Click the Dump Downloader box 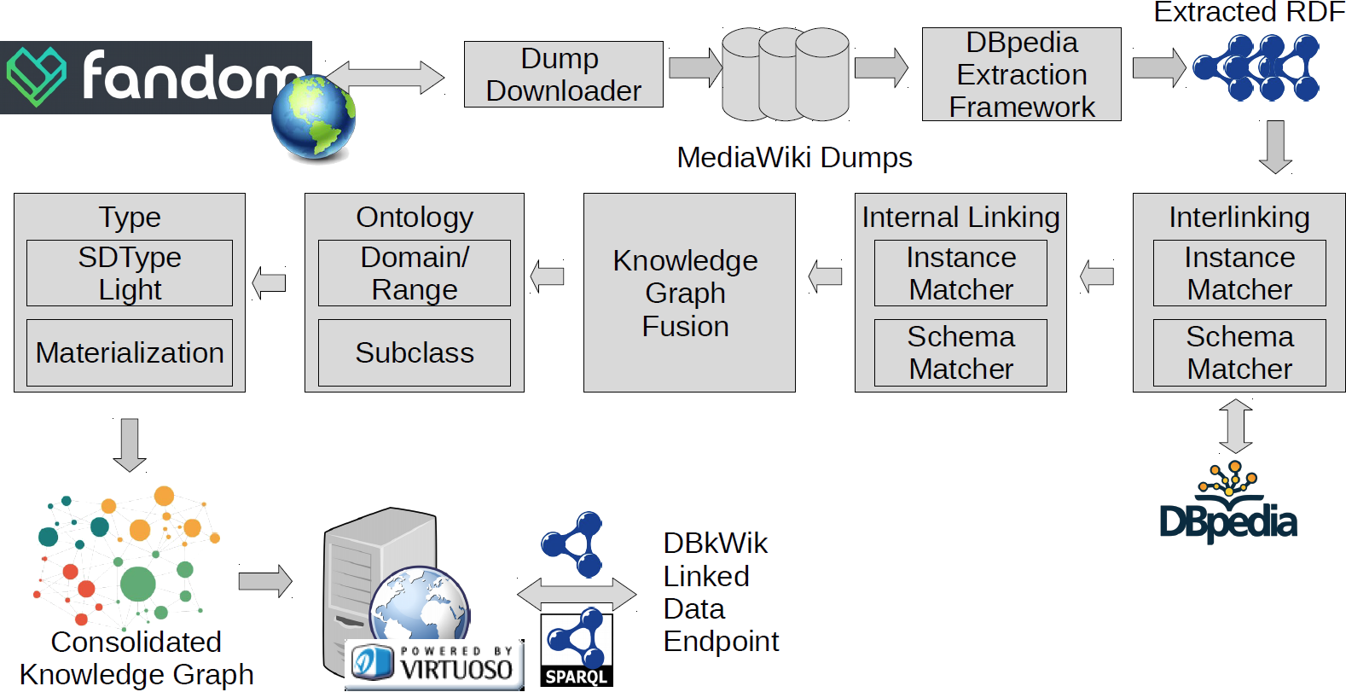click(563, 74)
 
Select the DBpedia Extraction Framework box click(1021, 74)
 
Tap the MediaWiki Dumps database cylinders click(785, 74)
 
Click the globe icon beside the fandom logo click(313, 119)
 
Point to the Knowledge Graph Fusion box click(688, 293)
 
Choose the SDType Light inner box click(130, 273)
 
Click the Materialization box click(130, 352)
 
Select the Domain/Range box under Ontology click(415, 273)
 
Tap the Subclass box click(415, 352)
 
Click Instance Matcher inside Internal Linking click(960, 273)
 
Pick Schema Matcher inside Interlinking click(1239, 352)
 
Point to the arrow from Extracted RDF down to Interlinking click(1275, 147)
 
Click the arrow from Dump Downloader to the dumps click(694, 67)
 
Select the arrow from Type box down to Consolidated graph click(130, 444)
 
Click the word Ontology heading click(415, 218)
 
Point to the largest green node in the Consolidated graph click(137, 584)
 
